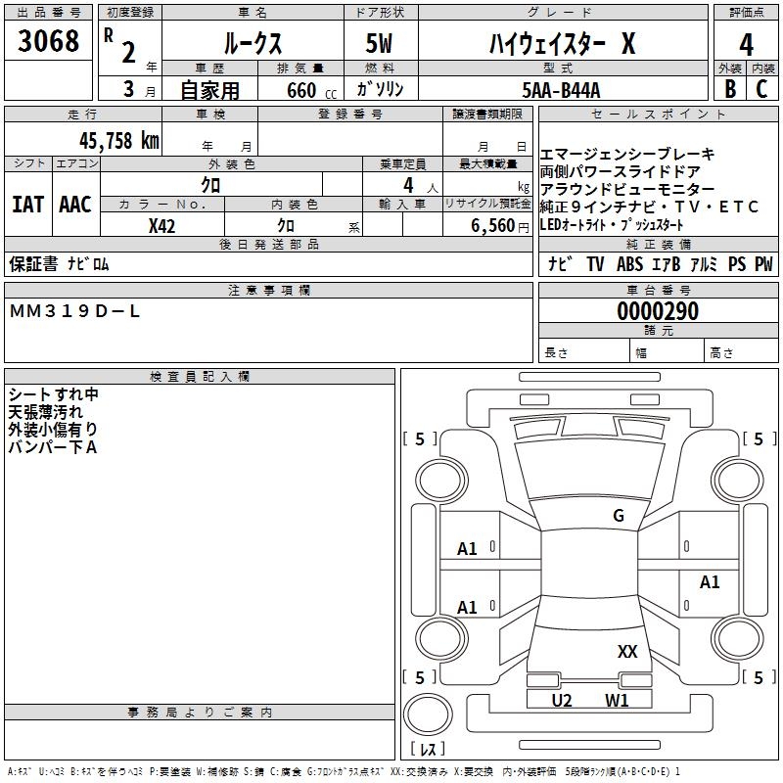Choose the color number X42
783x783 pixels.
[x=161, y=225]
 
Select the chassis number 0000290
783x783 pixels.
[x=658, y=311]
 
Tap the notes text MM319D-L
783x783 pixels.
[x=75, y=311]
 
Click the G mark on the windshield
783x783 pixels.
[x=618, y=516]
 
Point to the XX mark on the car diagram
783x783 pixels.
[x=627, y=651]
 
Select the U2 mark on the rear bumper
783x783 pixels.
[x=562, y=700]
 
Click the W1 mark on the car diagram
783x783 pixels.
[x=617, y=700]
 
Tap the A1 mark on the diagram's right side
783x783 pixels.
[x=710, y=582]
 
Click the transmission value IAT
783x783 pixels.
[x=27, y=205]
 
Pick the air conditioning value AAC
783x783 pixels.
[x=75, y=205]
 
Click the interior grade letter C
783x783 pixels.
[x=761, y=90]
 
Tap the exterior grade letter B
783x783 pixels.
[x=729, y=90]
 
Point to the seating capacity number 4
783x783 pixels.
[x=407, y=184]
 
